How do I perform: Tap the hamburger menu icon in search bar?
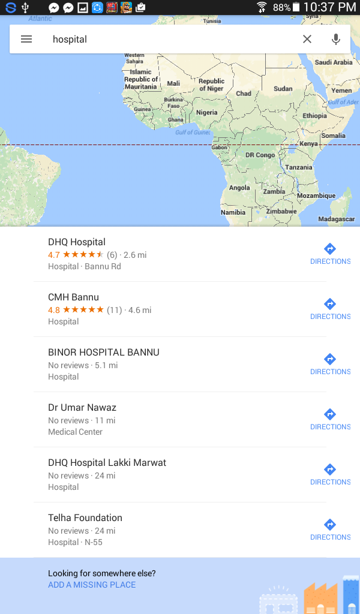point(26,39)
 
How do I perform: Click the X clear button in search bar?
point(307,39)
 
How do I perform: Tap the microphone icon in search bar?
point(336,39)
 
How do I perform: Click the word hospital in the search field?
point(70,40)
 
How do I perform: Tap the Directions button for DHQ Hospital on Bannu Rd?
point(329,254)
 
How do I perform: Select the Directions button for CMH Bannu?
point(329,309)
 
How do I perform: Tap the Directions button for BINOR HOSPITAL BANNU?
point(329,364)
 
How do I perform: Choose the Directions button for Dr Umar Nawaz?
point(329,419)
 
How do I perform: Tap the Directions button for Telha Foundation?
point(329,529)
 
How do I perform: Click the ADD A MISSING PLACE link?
point(92,585)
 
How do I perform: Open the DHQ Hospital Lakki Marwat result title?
point(107,463)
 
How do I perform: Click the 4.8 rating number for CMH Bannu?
point(54,310)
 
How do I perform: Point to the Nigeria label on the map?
point(207,113)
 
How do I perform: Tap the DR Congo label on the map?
point(260,155)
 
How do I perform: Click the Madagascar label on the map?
point(337,219)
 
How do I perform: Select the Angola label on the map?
point(239,188)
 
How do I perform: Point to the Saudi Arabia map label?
point(334,62)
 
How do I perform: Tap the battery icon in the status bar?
point(296,7)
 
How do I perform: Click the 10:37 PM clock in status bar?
point(329,7)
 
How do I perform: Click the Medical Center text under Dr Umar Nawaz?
point(75,432)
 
